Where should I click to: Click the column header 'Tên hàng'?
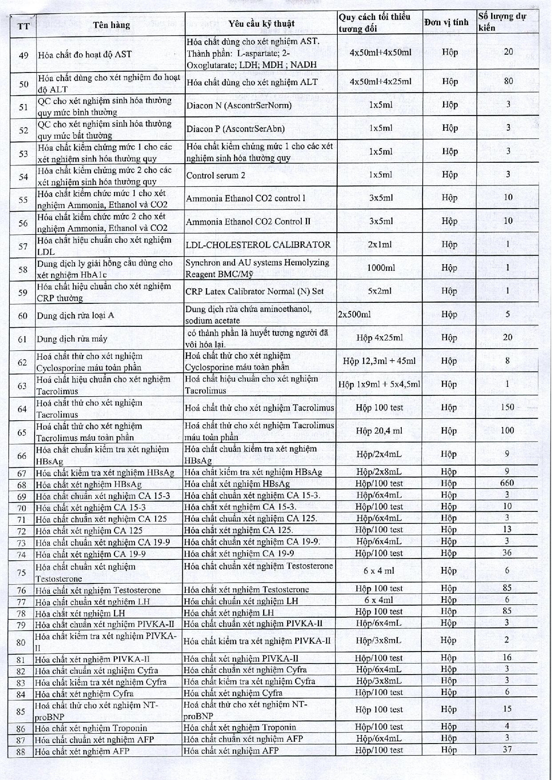(111, 25)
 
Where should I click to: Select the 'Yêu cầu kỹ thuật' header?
(261, 24)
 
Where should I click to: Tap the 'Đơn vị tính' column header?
(446, 22)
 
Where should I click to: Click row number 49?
(24, 55)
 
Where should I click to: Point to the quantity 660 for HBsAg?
(507, 483)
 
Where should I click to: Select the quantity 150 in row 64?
(507, 407)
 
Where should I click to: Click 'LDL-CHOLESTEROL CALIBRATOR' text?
(258, 245)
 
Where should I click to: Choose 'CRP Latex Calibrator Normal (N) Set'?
(254, 291)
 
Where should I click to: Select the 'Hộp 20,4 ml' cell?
(379, 430)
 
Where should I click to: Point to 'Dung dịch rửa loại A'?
(75, 315)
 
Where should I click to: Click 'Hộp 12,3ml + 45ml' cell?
(379, 361)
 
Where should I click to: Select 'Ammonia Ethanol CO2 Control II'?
(248, 221)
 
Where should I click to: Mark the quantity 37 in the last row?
(507, 749)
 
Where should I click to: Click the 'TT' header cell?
(24, 26)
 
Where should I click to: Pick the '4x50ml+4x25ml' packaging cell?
(380, 81)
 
